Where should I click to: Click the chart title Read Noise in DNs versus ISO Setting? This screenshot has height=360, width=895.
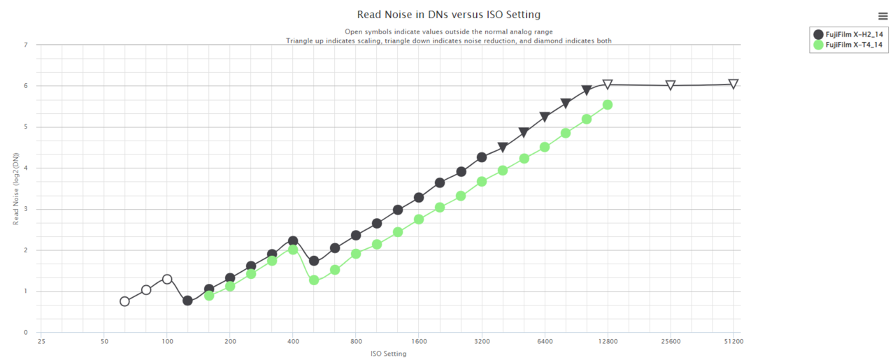coord(448,15)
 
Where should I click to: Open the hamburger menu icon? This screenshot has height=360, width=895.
coord(883,16)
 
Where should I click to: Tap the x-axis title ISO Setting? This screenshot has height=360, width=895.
coord(388,354)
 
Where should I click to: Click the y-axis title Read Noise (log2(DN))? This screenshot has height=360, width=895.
coord(16,189)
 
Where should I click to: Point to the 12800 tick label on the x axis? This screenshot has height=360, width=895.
coord(608,342)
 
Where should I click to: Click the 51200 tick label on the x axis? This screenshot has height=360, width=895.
coord(733,342)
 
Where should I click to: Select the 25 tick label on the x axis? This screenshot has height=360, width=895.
coord(41,342)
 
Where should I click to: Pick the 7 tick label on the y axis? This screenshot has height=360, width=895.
coord(26,45)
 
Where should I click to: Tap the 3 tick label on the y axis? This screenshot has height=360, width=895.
coord(26,209)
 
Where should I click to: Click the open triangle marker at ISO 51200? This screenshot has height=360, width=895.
coord(733,84)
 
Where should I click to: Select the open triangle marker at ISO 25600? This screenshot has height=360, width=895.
coord(671,85)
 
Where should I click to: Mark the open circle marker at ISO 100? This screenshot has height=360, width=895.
coord(167,279)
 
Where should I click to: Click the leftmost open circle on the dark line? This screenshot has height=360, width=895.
coord(124,301)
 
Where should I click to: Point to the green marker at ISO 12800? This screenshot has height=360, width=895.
coord(608,105)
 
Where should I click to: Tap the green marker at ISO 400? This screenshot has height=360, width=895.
coord(293,250)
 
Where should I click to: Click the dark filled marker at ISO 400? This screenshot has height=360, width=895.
coord(293,240)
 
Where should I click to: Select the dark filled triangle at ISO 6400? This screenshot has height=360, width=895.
coord(545,117)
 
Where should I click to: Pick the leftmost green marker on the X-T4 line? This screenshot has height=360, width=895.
coord(209,296)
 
